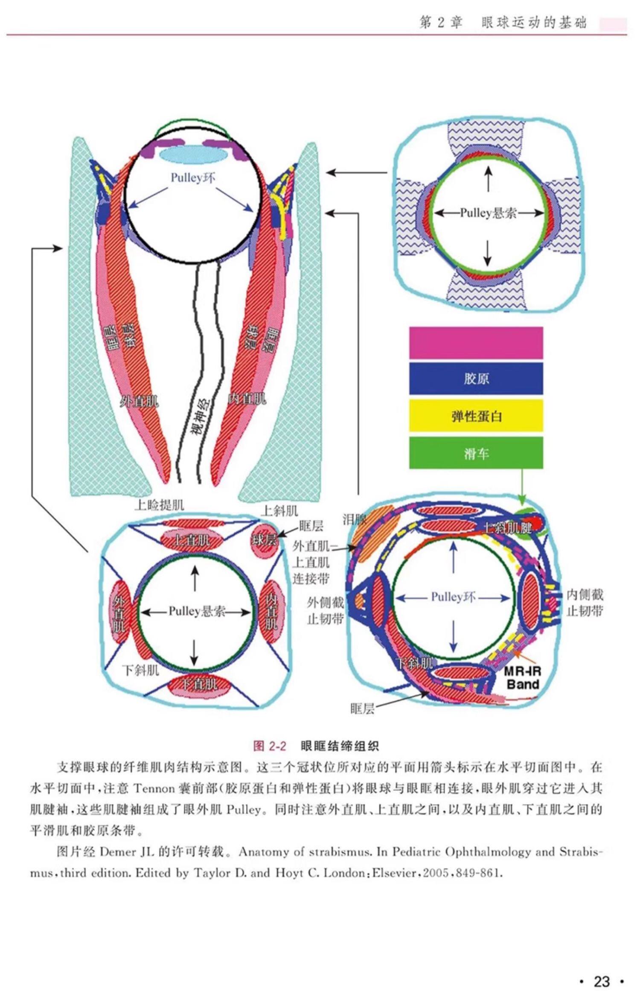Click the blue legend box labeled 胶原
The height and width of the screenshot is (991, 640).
(x=476, y=379)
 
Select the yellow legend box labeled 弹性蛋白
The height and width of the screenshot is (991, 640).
(x=476, y=416)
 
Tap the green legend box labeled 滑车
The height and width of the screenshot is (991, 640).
(x=476, y=453)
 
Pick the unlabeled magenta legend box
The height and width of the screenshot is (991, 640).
(x=476, y=343)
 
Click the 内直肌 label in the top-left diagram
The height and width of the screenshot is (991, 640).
(x=247, y=399)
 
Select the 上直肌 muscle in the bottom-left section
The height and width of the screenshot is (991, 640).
(x=192, y=540)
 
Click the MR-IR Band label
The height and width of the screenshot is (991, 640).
(x=522, y=678)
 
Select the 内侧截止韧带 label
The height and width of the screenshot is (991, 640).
(x=585, y=602)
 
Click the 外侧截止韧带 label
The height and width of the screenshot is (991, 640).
(x=326, y=610)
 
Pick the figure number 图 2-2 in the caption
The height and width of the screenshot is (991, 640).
(x=269, y=746)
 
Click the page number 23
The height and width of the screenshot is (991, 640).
(x=601, y=969)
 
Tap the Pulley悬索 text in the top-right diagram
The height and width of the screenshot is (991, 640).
(x=488, y=213)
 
